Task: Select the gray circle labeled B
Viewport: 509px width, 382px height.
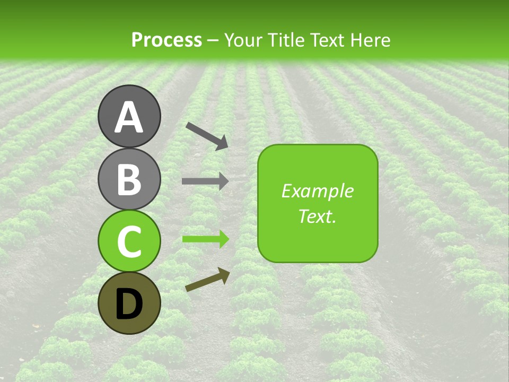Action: (129, 179)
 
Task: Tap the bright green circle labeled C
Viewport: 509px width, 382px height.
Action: (129, 241)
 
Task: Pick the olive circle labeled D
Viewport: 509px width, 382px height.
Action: (129, 303)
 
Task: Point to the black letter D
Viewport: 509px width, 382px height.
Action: (129, 305)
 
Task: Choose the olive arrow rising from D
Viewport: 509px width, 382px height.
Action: (207, 280)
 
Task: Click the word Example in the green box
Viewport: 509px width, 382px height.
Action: (318, 192)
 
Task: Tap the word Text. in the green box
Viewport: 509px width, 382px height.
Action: (318, 216)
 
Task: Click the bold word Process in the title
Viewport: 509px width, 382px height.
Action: (166, 40)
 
